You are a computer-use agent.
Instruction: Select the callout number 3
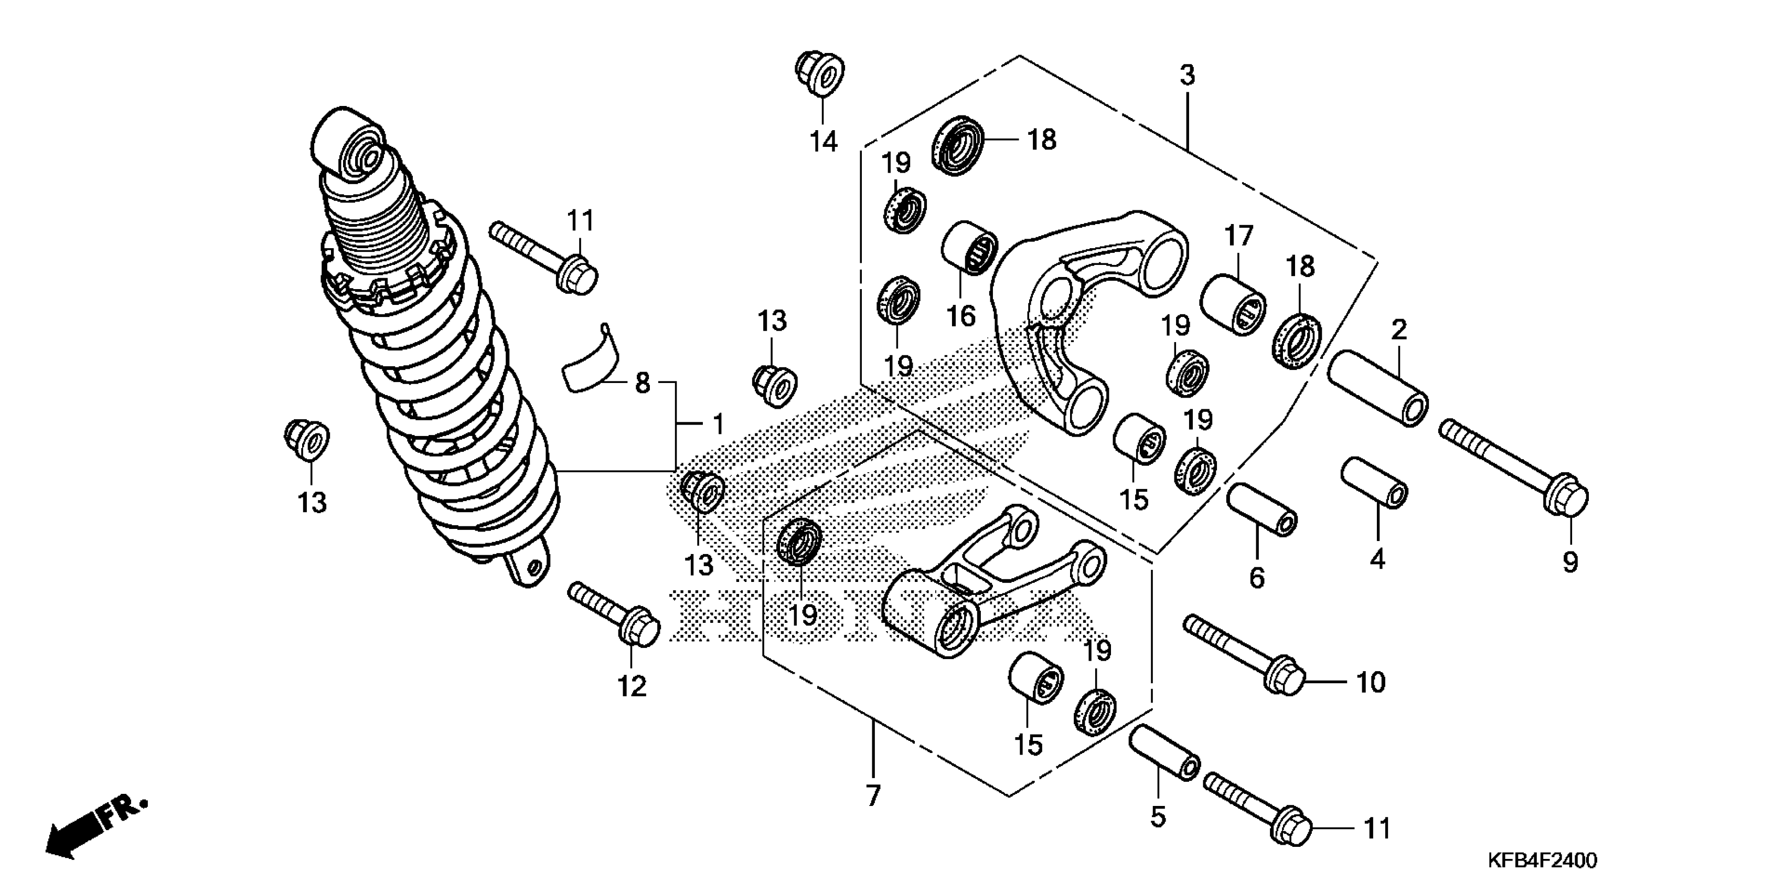coord(1188,76)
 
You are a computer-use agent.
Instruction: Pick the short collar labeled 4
coord(1375,482)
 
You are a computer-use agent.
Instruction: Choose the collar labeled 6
coord(1261,509)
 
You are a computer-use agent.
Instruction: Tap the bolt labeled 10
coord(1243,655)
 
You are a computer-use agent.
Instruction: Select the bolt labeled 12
coord(613,614)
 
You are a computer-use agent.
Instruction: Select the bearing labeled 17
coord(1233,305)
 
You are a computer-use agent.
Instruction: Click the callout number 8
coord(643,383)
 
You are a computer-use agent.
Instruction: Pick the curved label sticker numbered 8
coord(592,364)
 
